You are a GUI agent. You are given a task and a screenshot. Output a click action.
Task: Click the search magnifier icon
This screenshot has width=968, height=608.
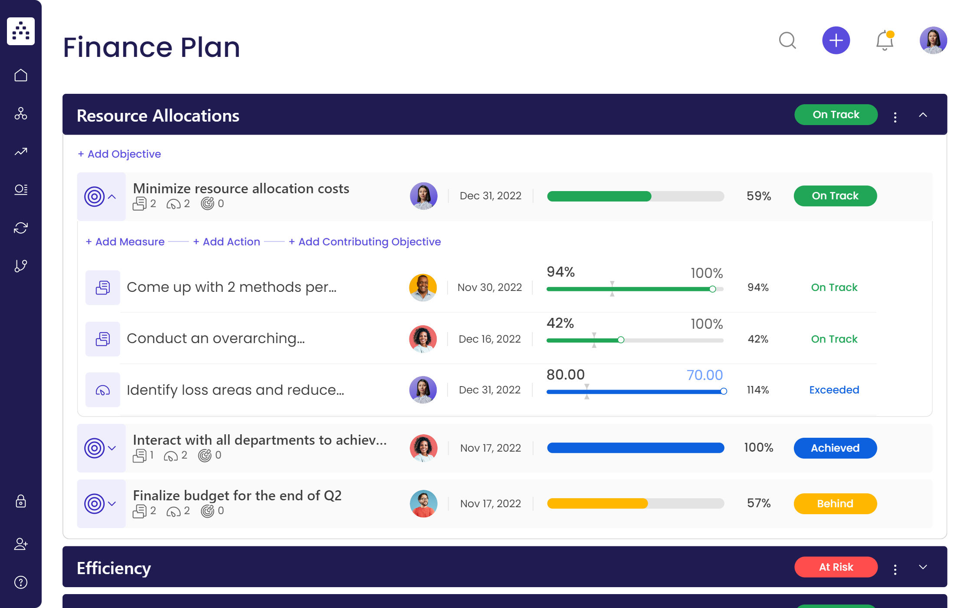click(787, 41)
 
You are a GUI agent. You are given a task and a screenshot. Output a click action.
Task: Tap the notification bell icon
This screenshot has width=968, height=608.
click(884, 41)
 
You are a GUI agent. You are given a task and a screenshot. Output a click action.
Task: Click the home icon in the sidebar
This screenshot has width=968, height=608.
click(21, 76)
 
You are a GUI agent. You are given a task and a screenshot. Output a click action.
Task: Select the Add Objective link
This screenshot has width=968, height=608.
click(119, 154)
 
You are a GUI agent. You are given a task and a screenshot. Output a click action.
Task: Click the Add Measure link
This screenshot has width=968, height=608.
click(125, 242)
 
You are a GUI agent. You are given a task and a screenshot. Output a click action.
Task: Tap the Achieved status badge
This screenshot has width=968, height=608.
click(835, 448)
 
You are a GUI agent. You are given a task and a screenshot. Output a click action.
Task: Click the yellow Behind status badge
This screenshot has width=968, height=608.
click(835, 504)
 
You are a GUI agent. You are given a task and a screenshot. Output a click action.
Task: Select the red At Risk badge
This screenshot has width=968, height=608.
click(836, 567)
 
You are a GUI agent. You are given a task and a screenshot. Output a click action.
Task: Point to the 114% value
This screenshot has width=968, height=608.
click(757, 390)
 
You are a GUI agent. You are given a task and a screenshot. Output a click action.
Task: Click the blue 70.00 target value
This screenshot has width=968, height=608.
click(705, 375)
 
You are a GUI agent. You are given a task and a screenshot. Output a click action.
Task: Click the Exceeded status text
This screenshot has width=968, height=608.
click(834, 390)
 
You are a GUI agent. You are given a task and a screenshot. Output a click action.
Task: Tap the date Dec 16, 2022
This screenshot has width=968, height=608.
click(490, 339)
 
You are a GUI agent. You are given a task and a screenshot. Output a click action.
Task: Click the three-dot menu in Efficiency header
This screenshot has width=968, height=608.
click(895, 569)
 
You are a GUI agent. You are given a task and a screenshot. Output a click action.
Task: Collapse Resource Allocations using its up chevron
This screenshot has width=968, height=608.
click(923, 115)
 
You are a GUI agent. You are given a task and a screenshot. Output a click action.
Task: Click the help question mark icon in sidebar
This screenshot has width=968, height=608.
click(21, 582)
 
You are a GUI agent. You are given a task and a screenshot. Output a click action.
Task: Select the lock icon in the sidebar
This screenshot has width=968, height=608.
click(21, 502)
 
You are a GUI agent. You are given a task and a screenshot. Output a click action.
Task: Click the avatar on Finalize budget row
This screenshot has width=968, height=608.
click(423, 504)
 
